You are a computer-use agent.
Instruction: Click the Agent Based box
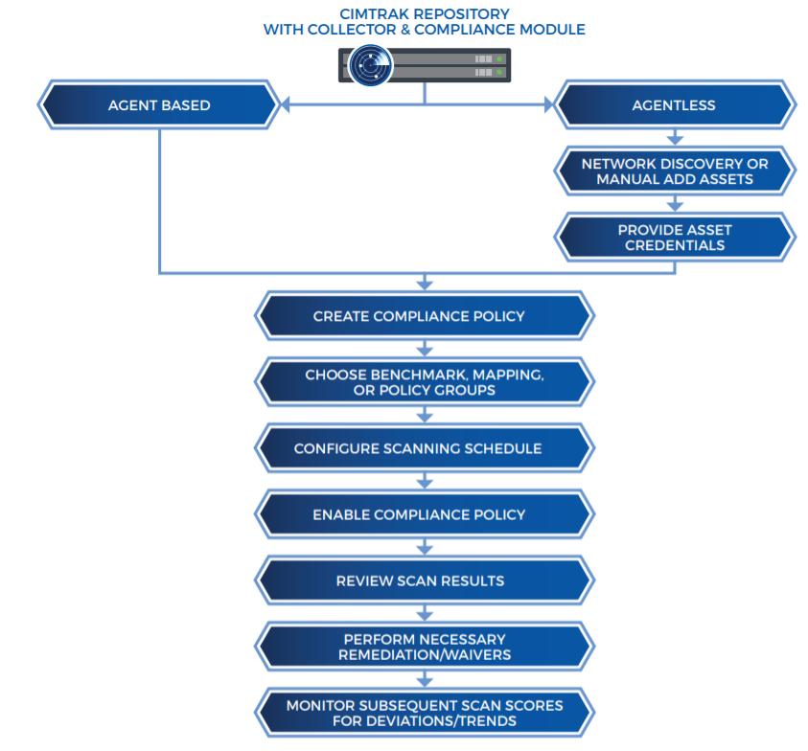click(x=159, y=105)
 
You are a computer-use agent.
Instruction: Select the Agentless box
click(x=674, y=105)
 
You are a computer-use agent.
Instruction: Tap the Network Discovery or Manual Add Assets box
click(x=674, y=171)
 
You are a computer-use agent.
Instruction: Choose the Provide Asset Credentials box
click(x=674, y=238)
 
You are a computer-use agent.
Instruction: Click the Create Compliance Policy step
click(x=424, y=316)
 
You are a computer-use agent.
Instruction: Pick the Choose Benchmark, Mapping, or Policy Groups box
click(x=424, y=382)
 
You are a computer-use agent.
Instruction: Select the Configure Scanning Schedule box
click(x=424, y=448)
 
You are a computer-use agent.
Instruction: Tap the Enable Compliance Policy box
click(x=424, y=514)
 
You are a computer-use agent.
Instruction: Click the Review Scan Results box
click(x=424, y=580)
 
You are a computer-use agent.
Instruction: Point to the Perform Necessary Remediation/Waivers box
click(x=424, y=647)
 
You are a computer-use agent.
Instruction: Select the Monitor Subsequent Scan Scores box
click(x=424, y=713)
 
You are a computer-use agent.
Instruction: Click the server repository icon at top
click(x=424, y=65)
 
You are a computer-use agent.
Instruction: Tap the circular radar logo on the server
click(x=366, y=65)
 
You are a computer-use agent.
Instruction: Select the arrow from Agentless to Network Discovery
click(x=674, y=139)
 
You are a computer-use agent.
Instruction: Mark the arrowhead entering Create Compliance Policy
click(x=424, y=284)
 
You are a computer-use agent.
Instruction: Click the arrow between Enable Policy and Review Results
click(x=424, y=548)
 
